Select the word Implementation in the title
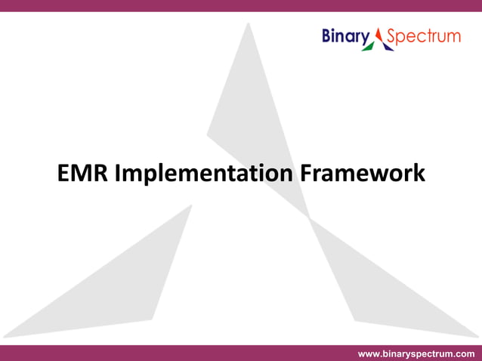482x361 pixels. pos(203,174)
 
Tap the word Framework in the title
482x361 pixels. pos(362,174)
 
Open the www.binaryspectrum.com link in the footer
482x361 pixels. pos(416,353)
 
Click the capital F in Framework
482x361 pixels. pos(306,174)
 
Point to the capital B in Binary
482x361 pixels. pos(328,35)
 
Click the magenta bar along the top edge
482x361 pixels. pos(241,5)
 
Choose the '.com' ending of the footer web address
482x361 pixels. pos(463,353)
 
